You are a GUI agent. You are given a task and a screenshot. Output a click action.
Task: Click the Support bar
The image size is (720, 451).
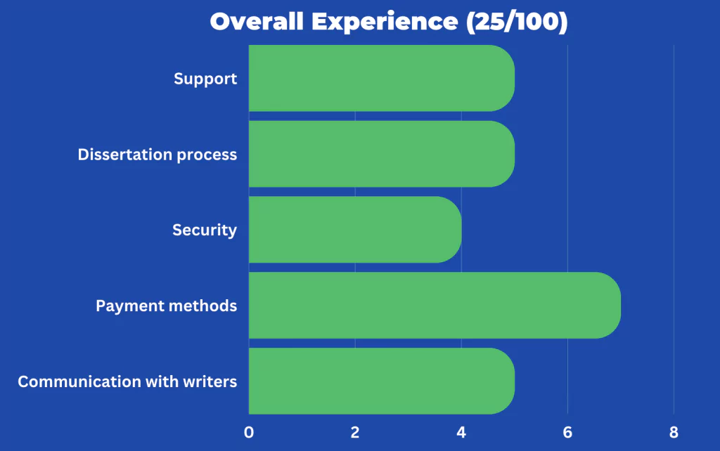[382, 78]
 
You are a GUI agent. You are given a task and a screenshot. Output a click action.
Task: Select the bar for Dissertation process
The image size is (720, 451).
[382, 154]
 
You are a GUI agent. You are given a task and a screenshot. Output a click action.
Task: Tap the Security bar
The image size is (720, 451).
[355, 230]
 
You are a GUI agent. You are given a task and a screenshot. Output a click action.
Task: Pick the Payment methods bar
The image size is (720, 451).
[435, 305]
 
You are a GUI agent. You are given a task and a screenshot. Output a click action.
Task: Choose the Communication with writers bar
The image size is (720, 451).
[382, 381]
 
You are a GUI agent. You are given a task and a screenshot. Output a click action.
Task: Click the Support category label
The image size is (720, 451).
[205, 79]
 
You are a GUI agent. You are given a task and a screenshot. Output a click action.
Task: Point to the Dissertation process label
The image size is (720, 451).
[157, 155]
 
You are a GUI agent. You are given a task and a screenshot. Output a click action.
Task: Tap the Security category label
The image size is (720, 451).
[205, 230]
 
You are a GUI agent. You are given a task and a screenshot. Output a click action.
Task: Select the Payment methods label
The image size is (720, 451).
[166, 306]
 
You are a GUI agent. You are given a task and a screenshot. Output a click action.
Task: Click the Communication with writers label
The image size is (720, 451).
[127, 381]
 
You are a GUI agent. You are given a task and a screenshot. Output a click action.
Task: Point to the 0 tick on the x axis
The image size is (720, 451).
[249, 432]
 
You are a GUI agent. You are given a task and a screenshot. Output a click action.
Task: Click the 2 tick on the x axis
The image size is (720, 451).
[355, 432]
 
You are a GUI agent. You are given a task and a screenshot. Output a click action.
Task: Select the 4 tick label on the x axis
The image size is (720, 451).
[461, 432]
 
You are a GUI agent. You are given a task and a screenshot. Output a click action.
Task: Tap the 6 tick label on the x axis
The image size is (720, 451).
[567, 432]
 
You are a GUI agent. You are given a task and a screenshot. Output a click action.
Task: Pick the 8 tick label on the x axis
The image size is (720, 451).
[674, 432]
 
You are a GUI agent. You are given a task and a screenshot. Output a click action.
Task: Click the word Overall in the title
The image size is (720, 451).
[257, 22]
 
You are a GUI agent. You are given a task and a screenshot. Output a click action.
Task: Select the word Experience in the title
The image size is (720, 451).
[385, 22]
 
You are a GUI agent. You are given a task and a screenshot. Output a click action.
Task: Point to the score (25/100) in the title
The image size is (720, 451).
[517, 22]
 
